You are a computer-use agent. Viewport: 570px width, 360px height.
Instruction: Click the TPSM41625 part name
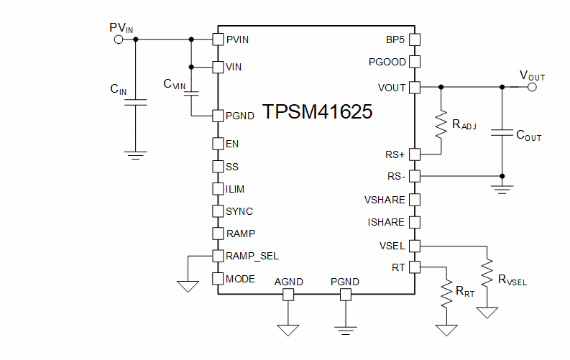pos(317,113)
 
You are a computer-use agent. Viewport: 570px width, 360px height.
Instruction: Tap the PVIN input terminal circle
pos(119,40)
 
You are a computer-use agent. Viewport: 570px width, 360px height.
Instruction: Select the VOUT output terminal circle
pos(532,87)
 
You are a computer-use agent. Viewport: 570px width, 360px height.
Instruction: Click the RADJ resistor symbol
pos(441,123)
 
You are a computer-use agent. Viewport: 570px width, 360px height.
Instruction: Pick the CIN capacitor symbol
pos(136,103)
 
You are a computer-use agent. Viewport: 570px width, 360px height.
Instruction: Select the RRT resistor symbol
pos(447,295)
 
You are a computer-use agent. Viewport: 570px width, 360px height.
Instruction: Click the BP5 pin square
pos(414,40)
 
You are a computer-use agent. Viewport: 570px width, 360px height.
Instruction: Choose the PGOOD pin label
pos(387,63)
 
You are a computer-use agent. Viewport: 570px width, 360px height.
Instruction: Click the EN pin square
pos(219,144)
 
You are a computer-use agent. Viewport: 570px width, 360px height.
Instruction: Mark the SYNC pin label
pos(239,212)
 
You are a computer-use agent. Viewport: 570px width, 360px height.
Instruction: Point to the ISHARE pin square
pos(414,222)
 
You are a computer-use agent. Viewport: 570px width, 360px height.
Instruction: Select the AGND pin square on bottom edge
pos(289,295)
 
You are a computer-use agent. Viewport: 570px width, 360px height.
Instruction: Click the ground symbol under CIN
pos(136,154)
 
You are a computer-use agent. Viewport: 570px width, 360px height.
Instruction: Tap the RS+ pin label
pos(395,154)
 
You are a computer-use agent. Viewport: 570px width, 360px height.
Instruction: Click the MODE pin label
pos(240,279)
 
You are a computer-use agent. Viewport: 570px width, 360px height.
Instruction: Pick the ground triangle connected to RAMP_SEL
pos(188,285)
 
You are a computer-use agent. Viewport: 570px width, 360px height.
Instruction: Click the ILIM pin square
pos(219,189)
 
